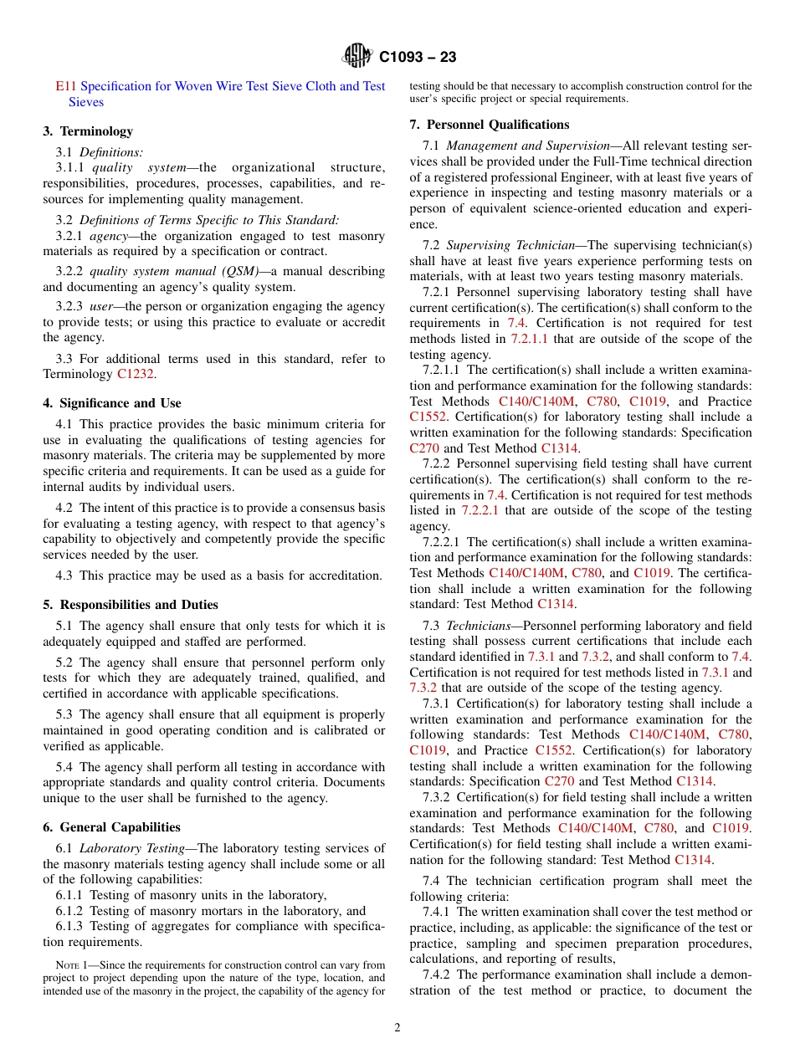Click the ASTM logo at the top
coord(357,57)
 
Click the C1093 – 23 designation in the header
coord(418,58)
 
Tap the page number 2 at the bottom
coord(397,1028)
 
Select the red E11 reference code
coord(65,86)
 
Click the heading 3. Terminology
coord(88,131)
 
